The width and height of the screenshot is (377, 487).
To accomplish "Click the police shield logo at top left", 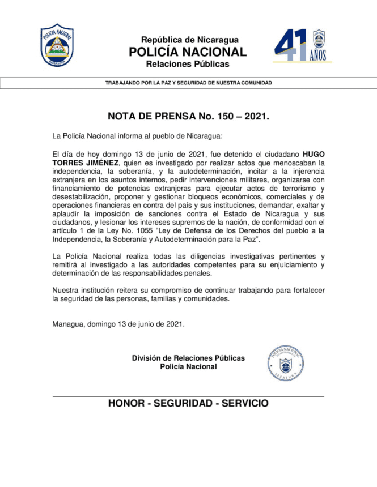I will pos(57,45).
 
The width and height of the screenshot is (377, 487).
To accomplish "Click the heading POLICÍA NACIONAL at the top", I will pos(188,52).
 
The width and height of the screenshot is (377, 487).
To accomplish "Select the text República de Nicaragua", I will pos(189,40).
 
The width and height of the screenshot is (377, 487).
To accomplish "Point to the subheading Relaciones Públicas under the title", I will pos(188,64).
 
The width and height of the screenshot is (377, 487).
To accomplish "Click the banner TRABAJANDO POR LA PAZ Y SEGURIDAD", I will pos(188,83).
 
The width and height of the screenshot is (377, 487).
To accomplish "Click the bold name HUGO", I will pos(313,153).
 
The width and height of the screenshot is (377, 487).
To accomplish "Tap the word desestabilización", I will pos(81,199).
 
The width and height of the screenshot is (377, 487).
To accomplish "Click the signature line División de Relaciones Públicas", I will pos(188,358).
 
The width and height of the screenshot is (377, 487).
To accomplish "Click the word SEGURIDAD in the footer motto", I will pos(181,404).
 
